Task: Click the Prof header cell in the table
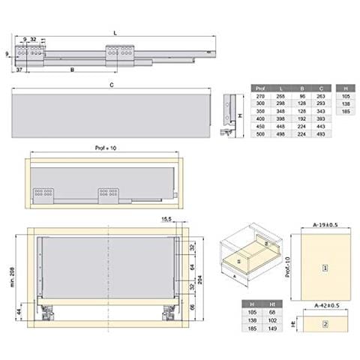[260, 87]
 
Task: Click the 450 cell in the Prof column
[260, 126]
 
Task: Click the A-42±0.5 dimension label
[325, 306]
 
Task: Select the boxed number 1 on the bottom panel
[325, 267]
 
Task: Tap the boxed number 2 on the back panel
[325, 324]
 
